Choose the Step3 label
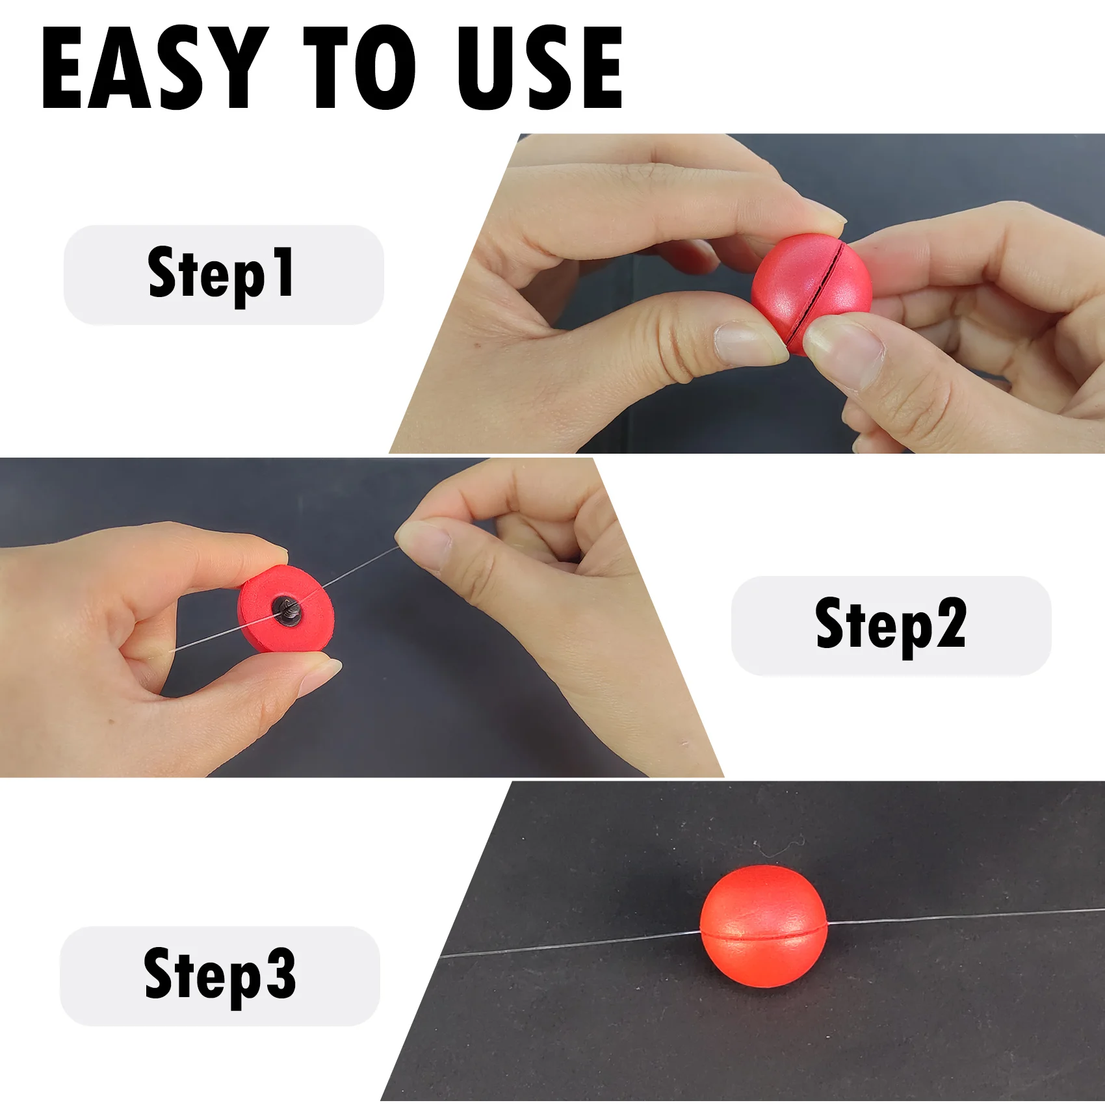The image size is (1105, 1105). [x=220, y=975]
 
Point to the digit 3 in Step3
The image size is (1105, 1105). [x=280, y=972]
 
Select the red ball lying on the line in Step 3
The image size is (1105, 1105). [x=764, y=926]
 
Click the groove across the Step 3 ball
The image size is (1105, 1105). [x=764, y=935]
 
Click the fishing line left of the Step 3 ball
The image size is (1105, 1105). [x=571, y=944]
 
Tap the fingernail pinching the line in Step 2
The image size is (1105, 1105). [x=423, y=544]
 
